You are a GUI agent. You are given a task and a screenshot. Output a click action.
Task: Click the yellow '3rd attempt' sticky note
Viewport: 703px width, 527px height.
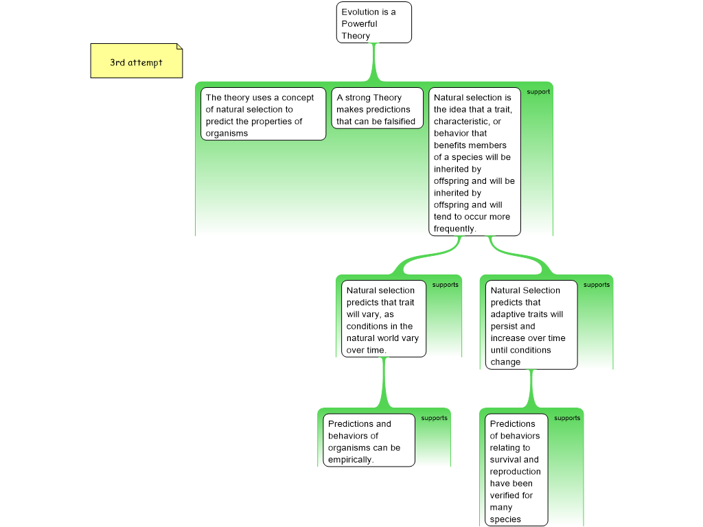click(136, 62)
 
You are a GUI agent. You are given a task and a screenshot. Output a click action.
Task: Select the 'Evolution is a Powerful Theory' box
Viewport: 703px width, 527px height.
click(373, 23)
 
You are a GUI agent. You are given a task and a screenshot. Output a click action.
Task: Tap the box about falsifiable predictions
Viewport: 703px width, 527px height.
click(377, 108)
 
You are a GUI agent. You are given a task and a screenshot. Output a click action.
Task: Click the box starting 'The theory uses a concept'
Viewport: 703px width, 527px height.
click(263, 115)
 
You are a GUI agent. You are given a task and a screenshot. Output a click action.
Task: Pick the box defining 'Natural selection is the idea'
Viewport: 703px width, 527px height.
click(474, 162)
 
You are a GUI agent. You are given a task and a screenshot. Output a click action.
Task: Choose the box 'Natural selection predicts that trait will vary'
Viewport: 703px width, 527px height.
click(383, 319)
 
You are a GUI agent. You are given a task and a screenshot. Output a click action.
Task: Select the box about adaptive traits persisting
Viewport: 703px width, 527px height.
click(531, 325)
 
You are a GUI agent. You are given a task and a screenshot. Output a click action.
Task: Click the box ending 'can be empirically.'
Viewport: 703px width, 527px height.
click(369, 441)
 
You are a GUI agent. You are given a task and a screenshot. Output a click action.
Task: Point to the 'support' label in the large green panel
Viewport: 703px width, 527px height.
click(538, 91)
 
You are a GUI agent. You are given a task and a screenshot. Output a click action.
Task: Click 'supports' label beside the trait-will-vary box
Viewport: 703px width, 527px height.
click(445, 285)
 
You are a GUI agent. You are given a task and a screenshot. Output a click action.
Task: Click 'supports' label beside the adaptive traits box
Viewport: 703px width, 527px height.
click(596, 285)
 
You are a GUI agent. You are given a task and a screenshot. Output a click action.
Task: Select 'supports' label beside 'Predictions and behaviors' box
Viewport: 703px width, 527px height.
click(434, 418)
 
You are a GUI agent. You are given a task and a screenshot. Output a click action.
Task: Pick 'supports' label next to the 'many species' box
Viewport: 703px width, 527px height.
click(567, 418)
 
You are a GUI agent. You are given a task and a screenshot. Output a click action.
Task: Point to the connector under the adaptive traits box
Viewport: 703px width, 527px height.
click(531, 388)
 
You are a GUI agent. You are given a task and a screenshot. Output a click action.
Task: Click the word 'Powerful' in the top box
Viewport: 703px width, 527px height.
click(359, 24)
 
